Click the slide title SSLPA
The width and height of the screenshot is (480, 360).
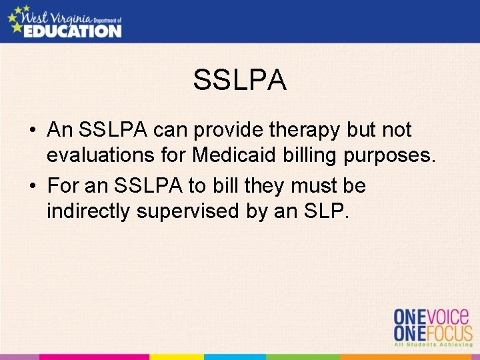pyautogui.click(x=240, y=81)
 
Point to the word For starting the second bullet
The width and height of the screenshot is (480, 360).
pyautogui.click(x=63, y=185)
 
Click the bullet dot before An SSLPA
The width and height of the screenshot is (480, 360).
pyautogui.click(x=32, y=131)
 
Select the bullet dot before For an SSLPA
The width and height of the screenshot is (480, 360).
pyautogui.click(x=32, y=186)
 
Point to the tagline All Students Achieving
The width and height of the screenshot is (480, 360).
pyautogui.click(x=433, y=346)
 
